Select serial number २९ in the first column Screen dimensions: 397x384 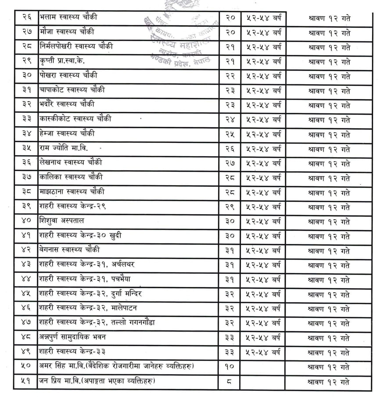point(27,61)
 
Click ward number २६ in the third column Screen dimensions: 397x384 point(230,148)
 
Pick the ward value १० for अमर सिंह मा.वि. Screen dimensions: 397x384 point(230,366)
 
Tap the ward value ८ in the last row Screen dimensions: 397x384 point(230,381)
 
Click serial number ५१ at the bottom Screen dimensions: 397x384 point(27,381)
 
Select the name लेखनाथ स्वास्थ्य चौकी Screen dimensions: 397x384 point(71,163)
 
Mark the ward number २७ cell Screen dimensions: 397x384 point(230,163)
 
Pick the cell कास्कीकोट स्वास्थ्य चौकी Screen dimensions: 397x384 point(75,119)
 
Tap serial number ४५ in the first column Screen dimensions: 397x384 point(27,293)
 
